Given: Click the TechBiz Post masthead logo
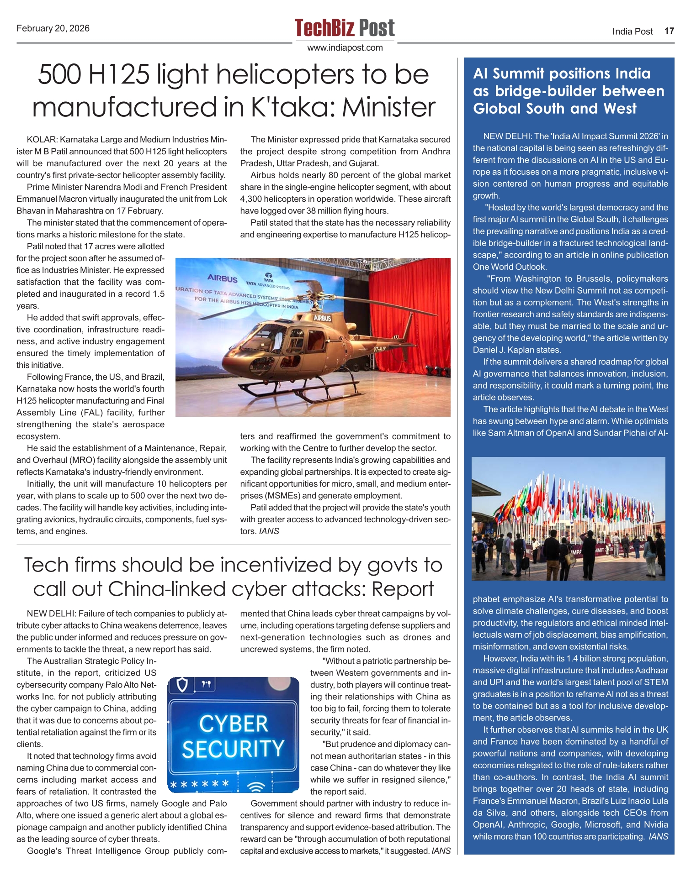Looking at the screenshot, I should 345,28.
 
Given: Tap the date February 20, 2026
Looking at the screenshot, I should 53,28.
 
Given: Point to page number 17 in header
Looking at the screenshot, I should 669,31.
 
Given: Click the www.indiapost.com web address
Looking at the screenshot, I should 345,48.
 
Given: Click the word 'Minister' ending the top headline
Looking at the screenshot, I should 389,108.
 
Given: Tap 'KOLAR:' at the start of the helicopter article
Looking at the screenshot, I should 42,140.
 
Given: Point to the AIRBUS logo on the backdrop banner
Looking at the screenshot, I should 222,278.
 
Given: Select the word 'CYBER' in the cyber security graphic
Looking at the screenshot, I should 234,724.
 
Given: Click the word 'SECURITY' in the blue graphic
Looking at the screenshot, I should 233,749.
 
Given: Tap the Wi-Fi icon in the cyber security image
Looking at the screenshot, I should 256,787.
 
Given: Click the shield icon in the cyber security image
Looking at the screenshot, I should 182,685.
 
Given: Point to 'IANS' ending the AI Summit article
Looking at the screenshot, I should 658,837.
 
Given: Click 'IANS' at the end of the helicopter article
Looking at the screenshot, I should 269,531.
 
